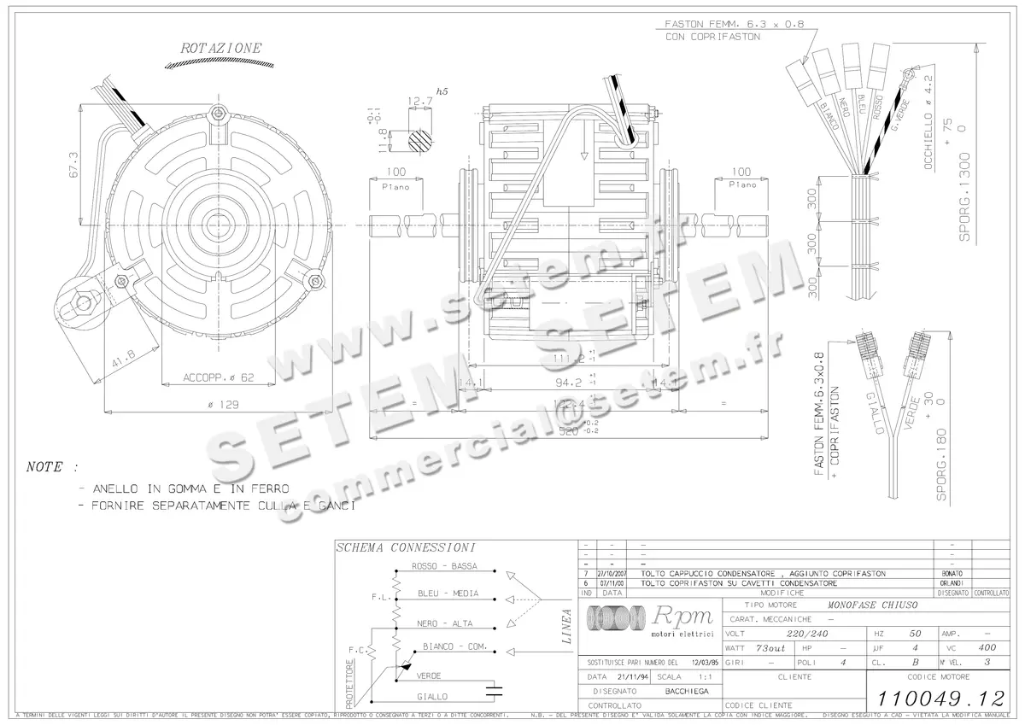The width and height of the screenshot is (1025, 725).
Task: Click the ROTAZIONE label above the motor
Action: tap(221, 49)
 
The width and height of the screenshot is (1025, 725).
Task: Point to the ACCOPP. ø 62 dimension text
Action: tap(219, 377)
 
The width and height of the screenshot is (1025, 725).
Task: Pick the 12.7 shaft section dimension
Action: tap(419, 101)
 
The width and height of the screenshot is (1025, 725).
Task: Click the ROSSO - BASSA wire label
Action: tap(444, 566)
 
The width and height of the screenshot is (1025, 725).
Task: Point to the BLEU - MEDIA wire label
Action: tap(448, 593)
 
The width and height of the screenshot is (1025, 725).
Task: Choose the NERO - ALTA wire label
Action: tap(444, 623)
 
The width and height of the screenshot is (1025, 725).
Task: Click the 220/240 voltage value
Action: tap(807, 634)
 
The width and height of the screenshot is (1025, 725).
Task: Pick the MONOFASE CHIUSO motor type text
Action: tap(872, 605)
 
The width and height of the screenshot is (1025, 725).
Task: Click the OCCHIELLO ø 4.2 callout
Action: tap(930, 133)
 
